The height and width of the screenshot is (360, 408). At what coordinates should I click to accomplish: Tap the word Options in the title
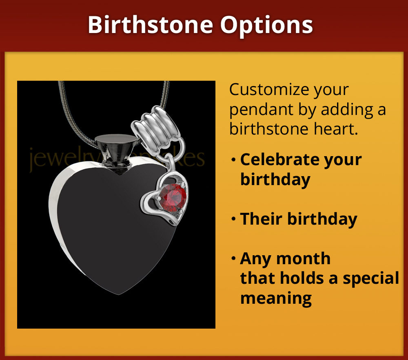(x=267, y=26)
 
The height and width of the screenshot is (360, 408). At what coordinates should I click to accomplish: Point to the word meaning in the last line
(x=276, y=298)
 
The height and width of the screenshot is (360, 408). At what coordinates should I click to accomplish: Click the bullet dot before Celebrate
(x=233, y=160)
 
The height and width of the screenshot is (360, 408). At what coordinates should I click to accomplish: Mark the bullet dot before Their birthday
(x=233, y=219)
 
